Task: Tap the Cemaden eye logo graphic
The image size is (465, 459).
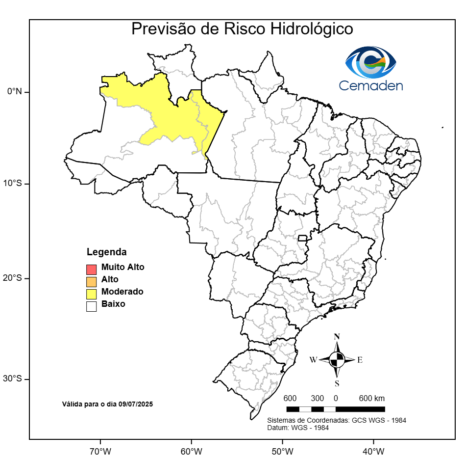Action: click(370, 62)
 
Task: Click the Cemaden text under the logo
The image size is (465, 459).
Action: click(371, 86)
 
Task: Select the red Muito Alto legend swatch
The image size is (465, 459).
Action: click(91, 269)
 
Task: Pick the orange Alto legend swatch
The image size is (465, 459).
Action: click(91, 281)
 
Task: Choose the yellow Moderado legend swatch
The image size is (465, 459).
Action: click(91, 294)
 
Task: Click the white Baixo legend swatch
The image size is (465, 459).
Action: click(91, 306)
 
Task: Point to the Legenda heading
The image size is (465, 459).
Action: click(107, 252)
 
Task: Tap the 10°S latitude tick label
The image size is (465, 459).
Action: click(15, 184)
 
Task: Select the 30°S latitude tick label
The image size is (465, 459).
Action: click(15, 378)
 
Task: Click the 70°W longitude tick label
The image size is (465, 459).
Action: click(100, 451)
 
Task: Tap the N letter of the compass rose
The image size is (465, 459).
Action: click(337, 337)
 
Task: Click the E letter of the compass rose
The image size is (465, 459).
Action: click(360, 360)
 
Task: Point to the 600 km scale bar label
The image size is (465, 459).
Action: click(372, 398)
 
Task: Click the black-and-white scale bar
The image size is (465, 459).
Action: click(336, 409)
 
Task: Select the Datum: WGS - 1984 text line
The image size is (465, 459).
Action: click(297, 428)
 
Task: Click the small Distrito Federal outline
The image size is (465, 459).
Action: click(303, 239)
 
